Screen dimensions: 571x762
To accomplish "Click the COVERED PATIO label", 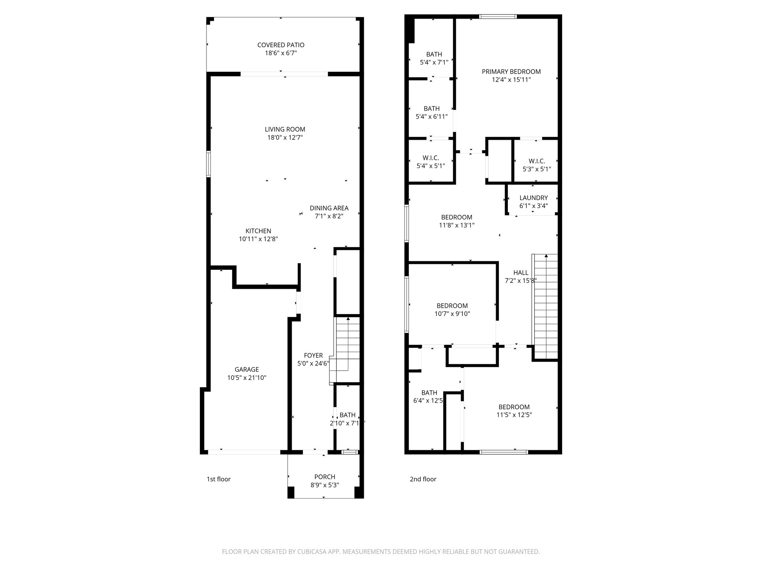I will (281, 45).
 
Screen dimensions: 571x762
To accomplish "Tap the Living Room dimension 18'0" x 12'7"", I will (285, 138).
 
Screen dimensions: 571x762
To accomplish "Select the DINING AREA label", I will (329, 208).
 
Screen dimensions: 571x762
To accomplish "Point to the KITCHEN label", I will (258, 231).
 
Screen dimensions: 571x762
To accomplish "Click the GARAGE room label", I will (247, 370).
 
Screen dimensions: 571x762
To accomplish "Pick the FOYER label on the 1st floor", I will (313, 355).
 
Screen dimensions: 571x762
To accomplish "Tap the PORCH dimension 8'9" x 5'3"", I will (324, 485).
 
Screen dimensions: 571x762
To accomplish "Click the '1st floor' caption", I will (218, 479).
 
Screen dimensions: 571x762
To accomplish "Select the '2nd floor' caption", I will (423, 479).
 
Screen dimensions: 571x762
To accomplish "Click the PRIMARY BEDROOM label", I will (511, 72).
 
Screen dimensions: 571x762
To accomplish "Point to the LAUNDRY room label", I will (534, 198).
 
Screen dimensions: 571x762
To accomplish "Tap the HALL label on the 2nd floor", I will (521, 273).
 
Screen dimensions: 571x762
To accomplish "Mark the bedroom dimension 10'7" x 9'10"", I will (452, 314).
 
